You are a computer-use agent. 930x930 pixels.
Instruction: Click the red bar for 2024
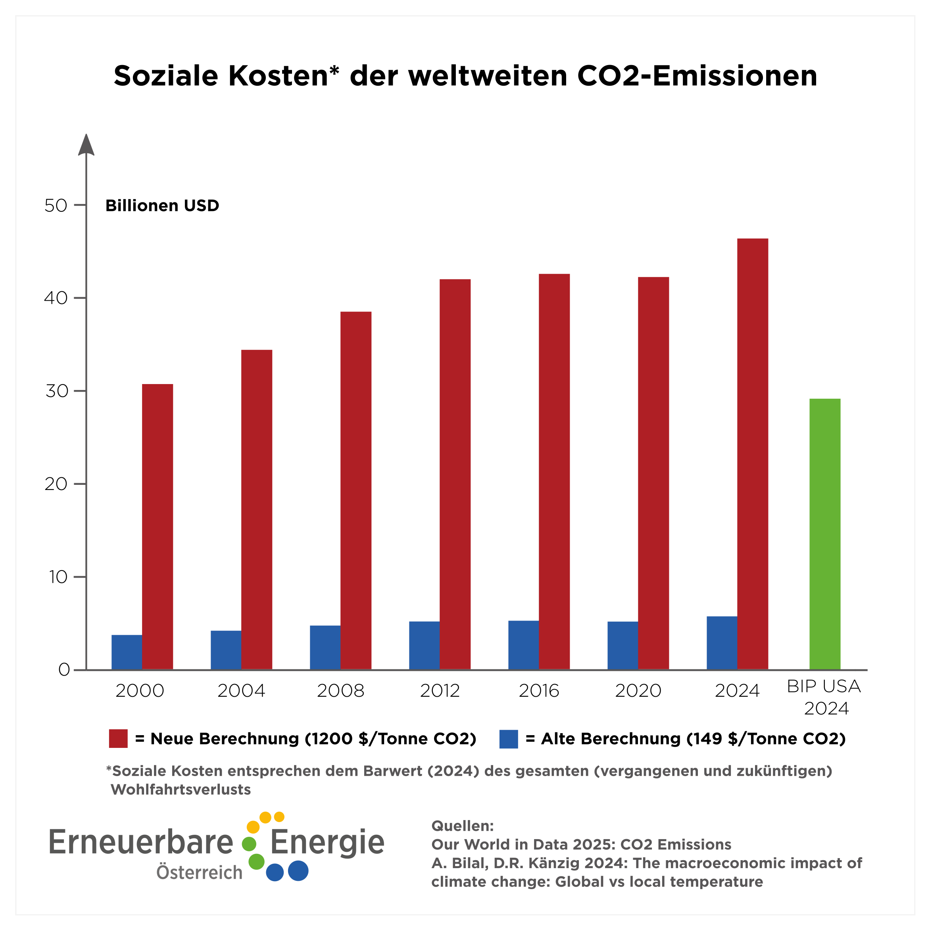[x=752, y=453]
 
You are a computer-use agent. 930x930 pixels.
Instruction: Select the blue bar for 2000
[x=127, y=652]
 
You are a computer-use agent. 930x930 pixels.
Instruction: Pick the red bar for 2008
[x=356, y=490]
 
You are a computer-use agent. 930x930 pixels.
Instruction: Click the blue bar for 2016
[x=523, y=645]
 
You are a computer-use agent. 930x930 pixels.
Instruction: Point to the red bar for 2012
[x=455, y=474]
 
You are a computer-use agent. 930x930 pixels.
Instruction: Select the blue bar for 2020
[x=623, y=645]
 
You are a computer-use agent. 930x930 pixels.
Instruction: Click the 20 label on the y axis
[x=56, y=484]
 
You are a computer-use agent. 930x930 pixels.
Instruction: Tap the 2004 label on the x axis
[x=241, y=691]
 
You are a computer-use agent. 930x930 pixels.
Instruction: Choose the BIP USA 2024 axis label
[x=824, y=697]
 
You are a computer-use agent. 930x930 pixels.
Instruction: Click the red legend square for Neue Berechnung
[x=118, y=738]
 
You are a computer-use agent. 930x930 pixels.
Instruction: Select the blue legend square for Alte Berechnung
[x=508, y=738]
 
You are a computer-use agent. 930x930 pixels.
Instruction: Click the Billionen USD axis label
[x=162, y=206]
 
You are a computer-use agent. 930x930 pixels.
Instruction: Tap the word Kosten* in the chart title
[x=284, y=76]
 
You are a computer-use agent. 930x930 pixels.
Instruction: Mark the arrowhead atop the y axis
[x=86, y=144]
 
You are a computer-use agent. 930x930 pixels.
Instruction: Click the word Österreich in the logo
[x=199, y=872]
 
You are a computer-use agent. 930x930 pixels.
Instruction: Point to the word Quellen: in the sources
[x=462, y=826]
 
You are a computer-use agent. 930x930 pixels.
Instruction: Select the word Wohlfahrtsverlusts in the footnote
[x=181, y=790]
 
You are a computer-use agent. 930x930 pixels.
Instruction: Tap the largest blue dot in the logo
[x=298, y=870]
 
